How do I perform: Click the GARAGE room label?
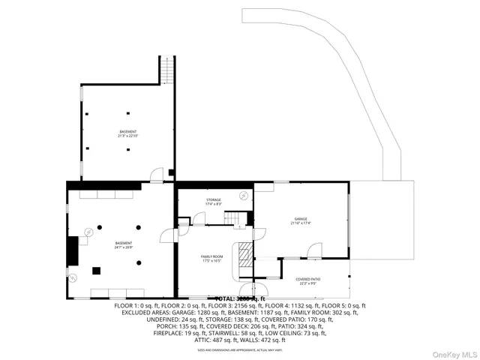[x=301, y=219]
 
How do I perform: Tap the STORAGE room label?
[x=214, y=199]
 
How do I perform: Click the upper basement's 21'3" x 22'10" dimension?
[x=127, y=136]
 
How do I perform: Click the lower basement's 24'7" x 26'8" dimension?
[x=124, y=247]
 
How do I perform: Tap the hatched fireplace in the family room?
[x=245, y=257]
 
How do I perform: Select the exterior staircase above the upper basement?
[x=169, y=71]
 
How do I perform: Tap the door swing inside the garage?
[x=316, y=249]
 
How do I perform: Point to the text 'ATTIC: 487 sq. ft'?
[x=215, y=340]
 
